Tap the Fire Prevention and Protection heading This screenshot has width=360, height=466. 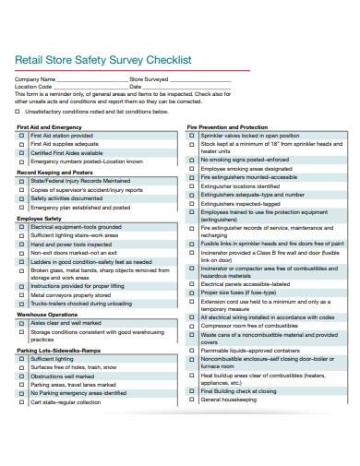pyautogui.click(x=227, y=126)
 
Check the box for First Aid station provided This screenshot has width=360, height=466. pyautogui.click(x=22, y=136)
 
